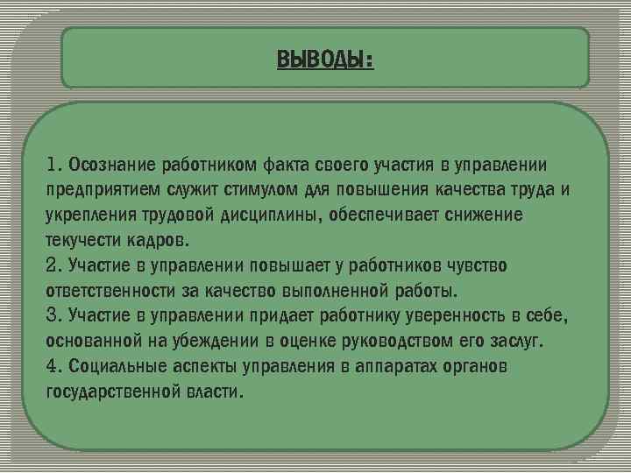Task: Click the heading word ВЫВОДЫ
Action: tap(323, 60)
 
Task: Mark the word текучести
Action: tap(81, 239)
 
